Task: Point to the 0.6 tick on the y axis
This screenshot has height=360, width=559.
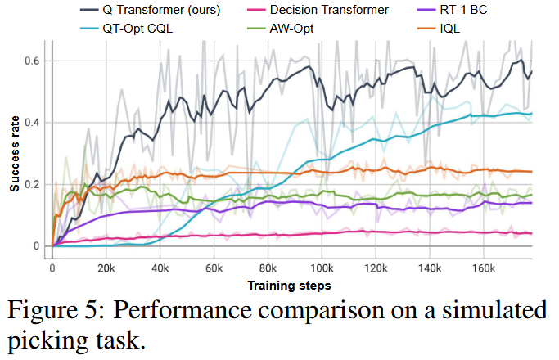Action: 37,61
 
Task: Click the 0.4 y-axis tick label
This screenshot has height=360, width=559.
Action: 37,123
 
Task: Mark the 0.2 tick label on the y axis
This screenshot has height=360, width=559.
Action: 37,184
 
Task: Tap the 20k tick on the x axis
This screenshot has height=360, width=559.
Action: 106,267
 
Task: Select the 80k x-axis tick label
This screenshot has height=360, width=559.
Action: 268,267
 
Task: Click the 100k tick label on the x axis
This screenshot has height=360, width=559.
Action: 322,267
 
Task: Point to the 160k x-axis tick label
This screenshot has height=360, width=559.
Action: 485,267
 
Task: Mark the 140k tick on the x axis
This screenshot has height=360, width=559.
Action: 431,267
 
